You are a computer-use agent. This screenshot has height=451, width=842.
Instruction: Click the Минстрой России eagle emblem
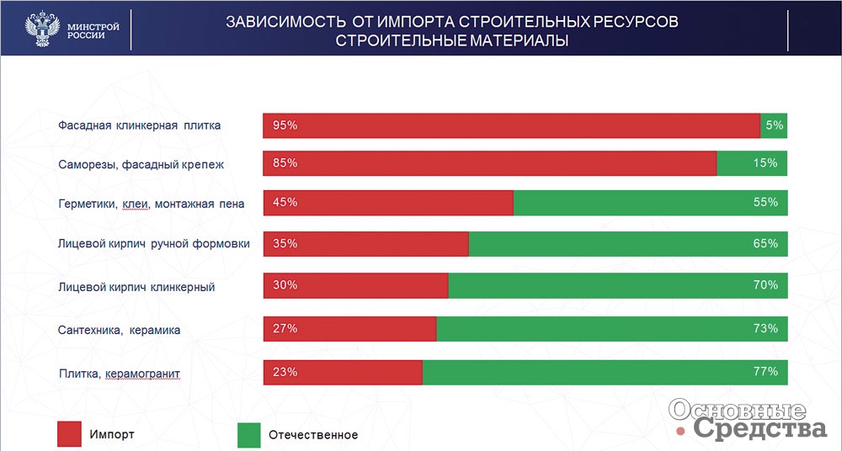click(42, 28)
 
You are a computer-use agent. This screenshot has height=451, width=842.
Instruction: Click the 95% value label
click(285, 125)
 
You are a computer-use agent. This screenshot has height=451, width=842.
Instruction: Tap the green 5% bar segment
click(774, 125)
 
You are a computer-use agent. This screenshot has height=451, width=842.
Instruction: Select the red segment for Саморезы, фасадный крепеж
click(490, 163)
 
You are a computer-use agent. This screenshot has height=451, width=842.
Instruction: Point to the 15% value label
click(765, 162)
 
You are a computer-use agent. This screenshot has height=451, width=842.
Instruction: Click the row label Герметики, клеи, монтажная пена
click(151, 204)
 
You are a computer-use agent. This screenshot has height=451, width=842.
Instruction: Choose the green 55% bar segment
click(650, 203)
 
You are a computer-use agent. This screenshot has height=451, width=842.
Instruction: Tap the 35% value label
click(285, 243)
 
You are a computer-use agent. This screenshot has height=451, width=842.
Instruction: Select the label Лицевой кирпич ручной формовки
click(153, 244)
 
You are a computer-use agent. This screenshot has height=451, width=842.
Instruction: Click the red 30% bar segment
click(355, 285)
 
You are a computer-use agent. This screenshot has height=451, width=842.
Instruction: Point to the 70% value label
click(765, 284)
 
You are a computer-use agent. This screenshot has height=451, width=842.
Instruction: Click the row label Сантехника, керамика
click(119, 330)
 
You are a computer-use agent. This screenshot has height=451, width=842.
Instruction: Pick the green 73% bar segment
click(612, 329)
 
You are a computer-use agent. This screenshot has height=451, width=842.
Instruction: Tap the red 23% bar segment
click(343, 372)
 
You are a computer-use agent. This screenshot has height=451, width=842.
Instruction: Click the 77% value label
click(765, 371)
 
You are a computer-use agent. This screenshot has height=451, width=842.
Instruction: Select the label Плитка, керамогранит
click(120, 374)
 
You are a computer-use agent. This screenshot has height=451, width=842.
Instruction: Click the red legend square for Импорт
click(69, 434)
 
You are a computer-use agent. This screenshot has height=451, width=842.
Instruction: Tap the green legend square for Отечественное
click(248, 435)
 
